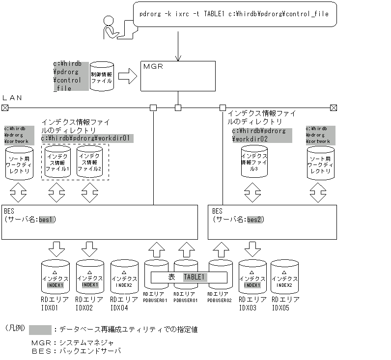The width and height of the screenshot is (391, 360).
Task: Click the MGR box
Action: [178, 76]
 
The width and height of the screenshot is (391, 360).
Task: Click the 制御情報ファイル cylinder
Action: [102, 76]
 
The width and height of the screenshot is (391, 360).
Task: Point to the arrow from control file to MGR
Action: [127, 76]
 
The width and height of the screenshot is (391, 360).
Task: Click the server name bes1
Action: [47, 219]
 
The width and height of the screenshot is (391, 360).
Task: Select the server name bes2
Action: [254, 219]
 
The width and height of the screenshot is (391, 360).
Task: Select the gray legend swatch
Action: [40, 330]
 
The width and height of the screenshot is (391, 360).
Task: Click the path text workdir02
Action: [250, 139]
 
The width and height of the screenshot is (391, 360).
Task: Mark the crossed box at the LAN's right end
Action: [334, 108]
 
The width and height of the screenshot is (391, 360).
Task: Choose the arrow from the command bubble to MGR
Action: [178, 47]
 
